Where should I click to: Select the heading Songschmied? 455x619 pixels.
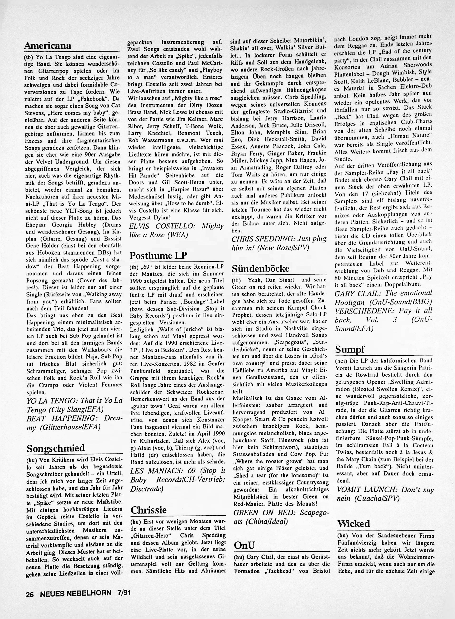coord(56,448)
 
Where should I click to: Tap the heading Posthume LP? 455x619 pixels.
coord(158,255)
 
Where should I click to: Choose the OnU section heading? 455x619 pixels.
coord(244,545)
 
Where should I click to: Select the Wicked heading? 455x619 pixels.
coord(353,523)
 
